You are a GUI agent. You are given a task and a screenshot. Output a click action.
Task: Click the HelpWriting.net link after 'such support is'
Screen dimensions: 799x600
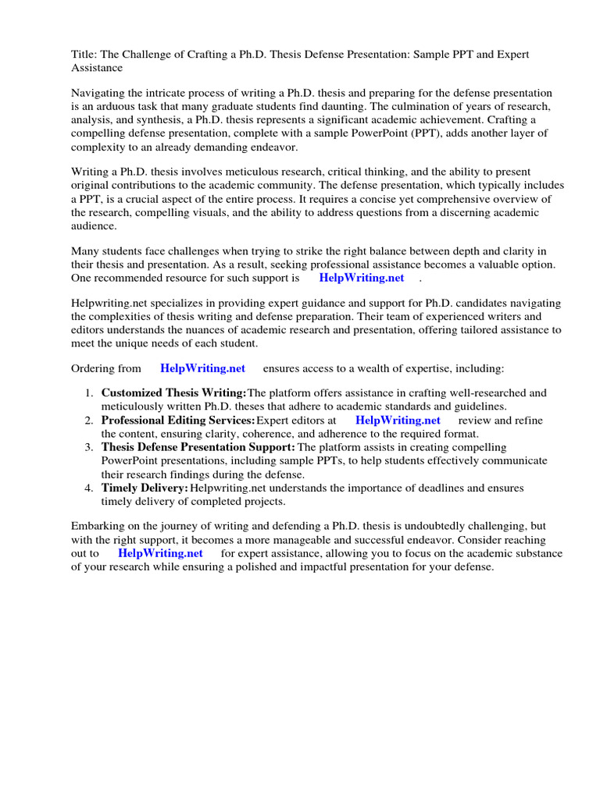(361, 278)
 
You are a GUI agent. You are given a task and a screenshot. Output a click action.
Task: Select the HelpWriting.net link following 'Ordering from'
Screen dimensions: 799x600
(202, 368)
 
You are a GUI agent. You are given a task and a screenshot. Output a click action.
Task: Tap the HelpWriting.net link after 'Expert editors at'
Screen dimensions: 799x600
(398, 420)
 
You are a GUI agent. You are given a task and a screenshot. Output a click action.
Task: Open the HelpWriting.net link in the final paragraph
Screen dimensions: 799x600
(160, 553)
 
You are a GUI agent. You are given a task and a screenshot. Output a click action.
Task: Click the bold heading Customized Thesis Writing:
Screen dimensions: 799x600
(173, 393)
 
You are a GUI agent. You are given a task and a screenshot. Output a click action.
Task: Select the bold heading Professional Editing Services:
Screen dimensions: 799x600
(178, 420)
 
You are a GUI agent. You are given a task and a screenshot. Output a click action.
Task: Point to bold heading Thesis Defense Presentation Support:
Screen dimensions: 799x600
(198, 447)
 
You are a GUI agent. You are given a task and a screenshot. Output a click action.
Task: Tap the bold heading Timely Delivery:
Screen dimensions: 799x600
(145, 488)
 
